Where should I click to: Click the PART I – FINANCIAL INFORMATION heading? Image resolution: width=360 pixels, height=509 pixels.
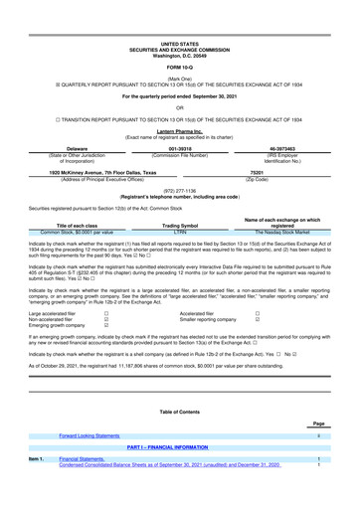click(x=179, y=448)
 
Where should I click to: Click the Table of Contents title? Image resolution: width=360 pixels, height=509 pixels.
click(x=179, y=411)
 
